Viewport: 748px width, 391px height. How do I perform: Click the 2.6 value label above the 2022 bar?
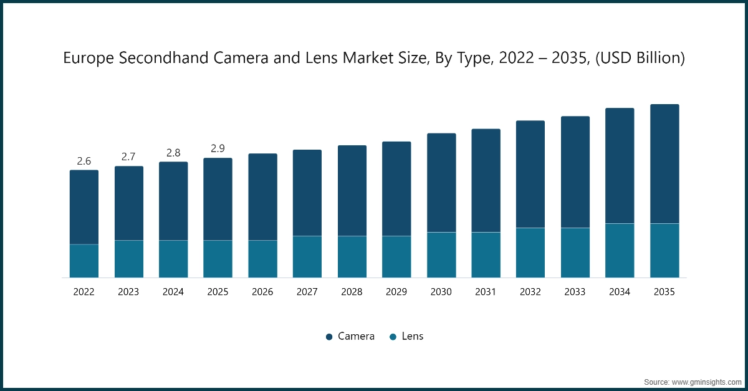coord(84,161)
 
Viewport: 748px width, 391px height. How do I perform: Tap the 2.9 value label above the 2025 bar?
coord(218,148)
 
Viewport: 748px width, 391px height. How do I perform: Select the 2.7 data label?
coord(128,157)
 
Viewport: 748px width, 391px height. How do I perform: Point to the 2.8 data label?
coord(173,153)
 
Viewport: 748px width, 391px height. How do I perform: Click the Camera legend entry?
coord(350,336)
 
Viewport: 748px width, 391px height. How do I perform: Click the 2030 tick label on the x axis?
coord(441,291)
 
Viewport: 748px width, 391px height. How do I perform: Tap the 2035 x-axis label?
coord(664,291)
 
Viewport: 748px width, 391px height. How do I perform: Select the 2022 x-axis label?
coord(84,291)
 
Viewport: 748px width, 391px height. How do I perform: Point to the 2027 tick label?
coord(307,291)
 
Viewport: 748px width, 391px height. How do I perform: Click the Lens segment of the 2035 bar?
coord(664,250)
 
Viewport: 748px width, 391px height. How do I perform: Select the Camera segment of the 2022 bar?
coord(84,207)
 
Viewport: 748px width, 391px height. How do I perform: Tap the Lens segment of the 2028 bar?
coord(352,256)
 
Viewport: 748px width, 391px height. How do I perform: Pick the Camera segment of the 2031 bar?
coord(486,181)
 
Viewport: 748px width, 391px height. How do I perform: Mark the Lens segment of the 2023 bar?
coord(128,259)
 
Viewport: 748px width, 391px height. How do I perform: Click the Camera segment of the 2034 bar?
coord(620,166)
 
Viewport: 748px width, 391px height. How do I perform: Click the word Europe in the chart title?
coord(90,59)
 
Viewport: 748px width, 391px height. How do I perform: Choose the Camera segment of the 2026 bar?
coord(262,197)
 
